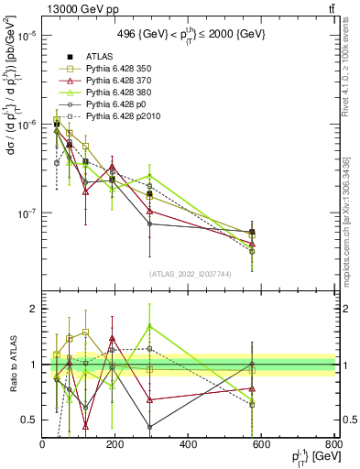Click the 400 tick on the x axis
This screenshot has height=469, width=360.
[189, 444]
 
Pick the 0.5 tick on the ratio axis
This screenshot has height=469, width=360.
[31, 420]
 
